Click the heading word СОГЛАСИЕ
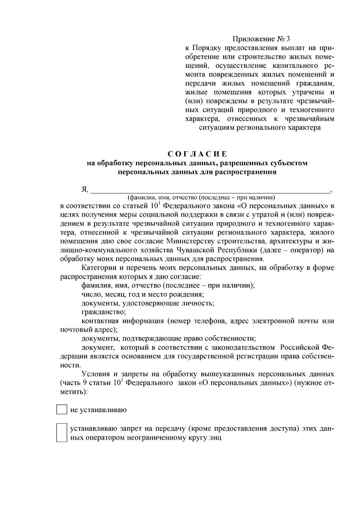[197, 154]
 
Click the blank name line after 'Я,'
[210, 190]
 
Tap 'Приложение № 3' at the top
[262, 39]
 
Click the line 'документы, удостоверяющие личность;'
[148, 303]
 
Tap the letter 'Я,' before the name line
[85, 190]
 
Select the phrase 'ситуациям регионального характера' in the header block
[260, 128]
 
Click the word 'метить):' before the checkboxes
[74, 392]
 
